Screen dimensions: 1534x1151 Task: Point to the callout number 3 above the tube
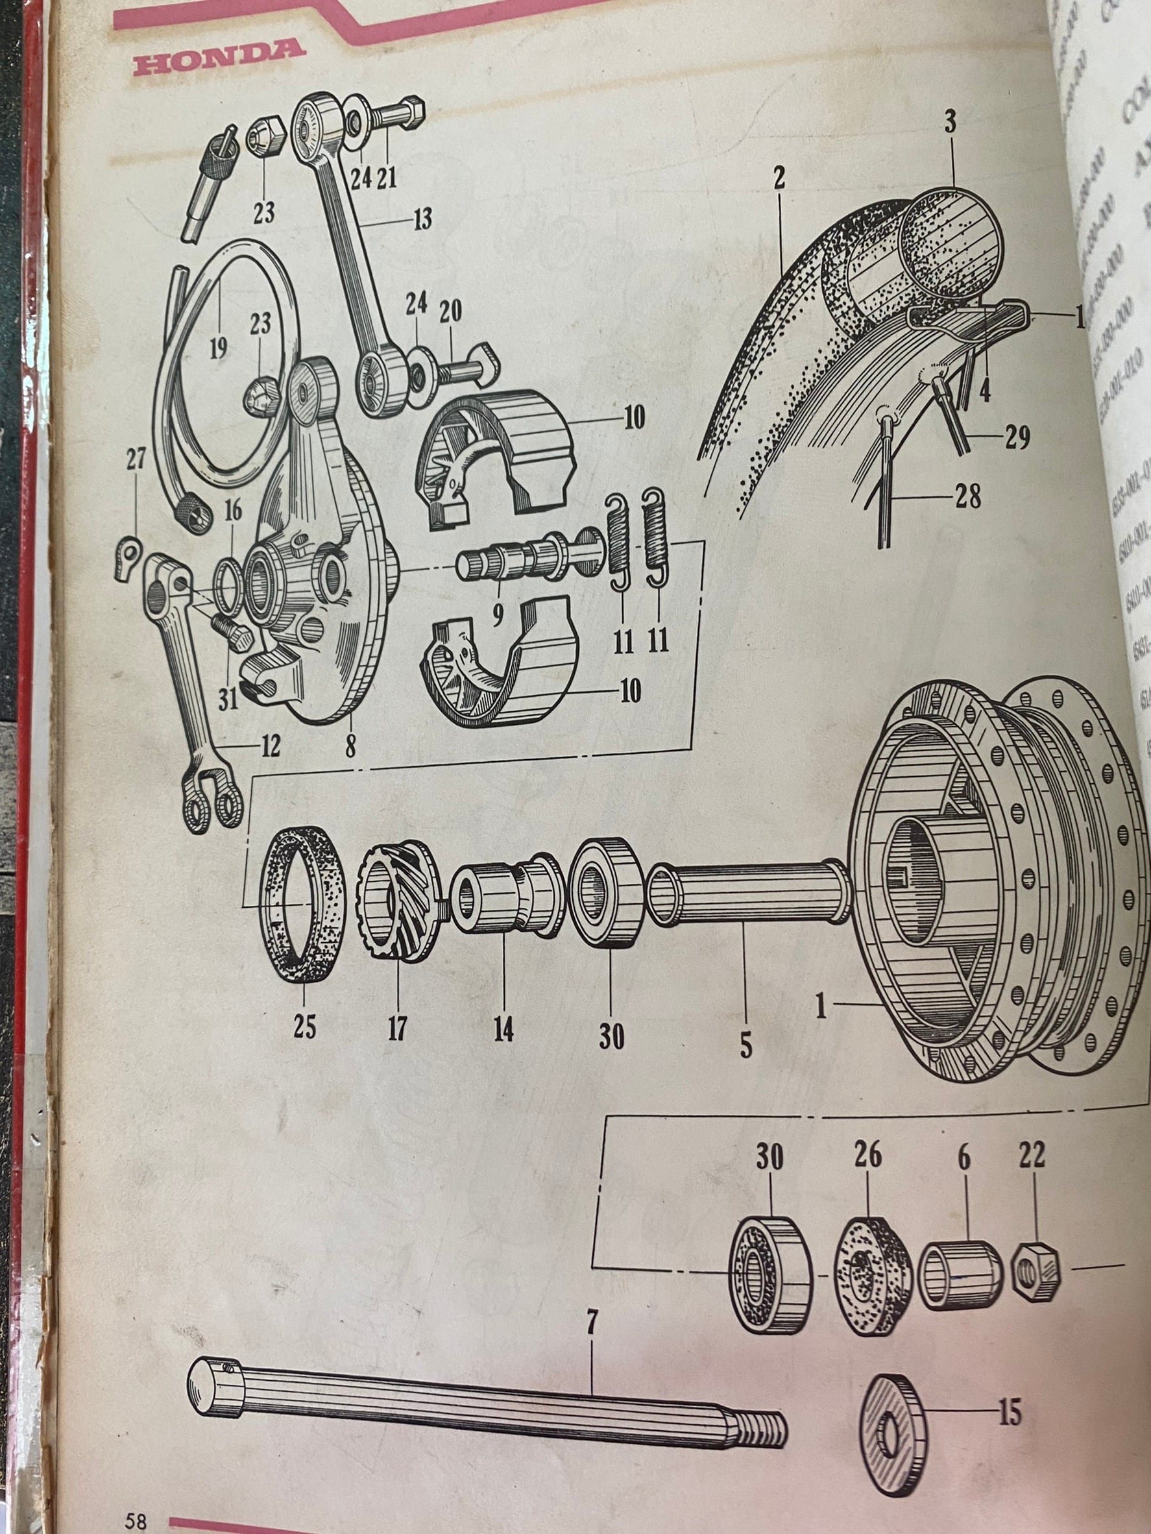click(950, 122)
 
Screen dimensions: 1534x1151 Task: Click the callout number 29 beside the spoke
click(1017, 437)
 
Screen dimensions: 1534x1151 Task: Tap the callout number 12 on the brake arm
click(270, 747)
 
